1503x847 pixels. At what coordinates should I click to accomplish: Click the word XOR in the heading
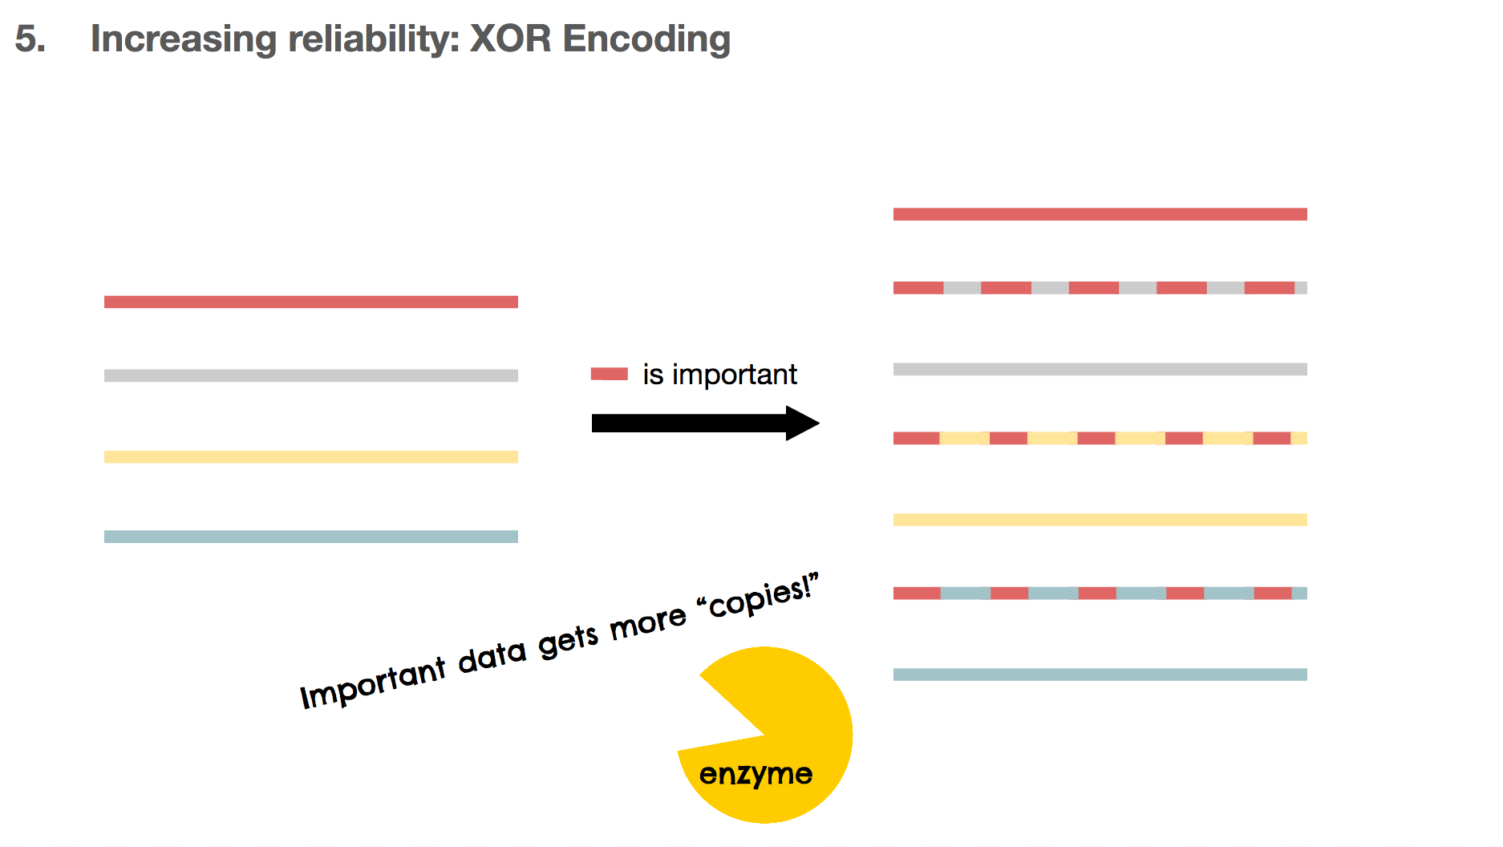click(x=510, y=38)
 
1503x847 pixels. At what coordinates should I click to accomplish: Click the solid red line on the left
click(x=311, y=302)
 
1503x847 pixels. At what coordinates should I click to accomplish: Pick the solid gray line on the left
click(x=311, y=375)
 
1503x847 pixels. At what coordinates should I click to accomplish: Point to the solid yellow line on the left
click(x=311, y=457)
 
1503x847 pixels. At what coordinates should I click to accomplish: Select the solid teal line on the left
click(x=311, y=537)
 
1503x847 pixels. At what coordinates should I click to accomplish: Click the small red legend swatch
click(x=610, y=374)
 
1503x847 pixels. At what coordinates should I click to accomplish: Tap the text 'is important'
click(x=719, y=375)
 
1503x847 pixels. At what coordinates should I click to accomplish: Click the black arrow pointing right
click(x=706, y=423)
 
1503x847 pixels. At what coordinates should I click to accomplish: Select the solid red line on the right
click(x=1100, y=214)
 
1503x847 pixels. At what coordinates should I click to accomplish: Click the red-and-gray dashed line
click(x=1100, y=288)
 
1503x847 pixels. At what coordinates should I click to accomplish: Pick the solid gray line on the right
click(x=1100, y=369)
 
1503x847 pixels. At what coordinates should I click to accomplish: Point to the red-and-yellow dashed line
click(x=1100, y=438)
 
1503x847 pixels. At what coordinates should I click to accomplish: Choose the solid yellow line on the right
click(x=1100, y=520)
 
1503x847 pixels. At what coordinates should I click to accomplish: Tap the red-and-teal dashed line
click(x=1100, y=594)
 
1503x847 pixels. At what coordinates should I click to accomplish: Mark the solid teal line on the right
click(x=1100, y=675)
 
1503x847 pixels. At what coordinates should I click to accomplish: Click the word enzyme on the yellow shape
click(x=756, y=775)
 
